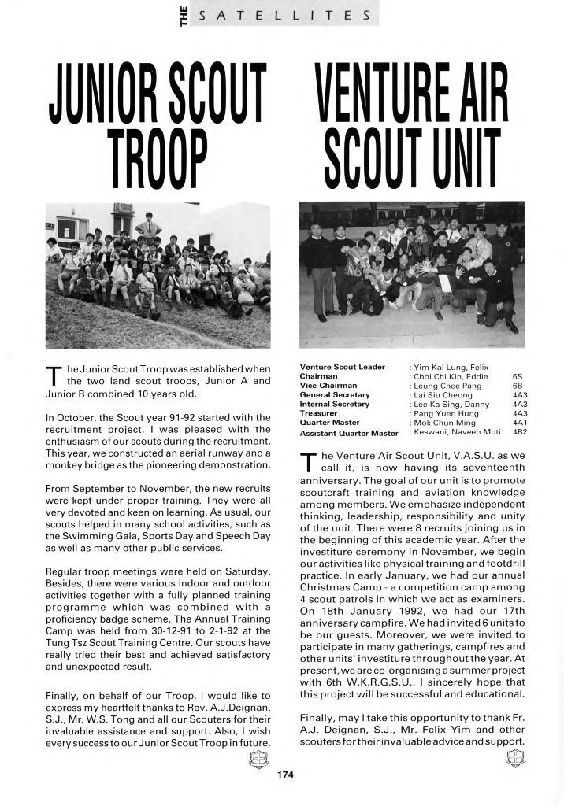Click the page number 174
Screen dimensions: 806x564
285,775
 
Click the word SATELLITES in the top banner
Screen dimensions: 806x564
286,14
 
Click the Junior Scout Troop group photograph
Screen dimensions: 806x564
158,275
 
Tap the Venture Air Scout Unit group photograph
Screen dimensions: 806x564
411,275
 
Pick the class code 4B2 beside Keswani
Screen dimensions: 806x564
520,432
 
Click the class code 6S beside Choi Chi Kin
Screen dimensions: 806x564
518,376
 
